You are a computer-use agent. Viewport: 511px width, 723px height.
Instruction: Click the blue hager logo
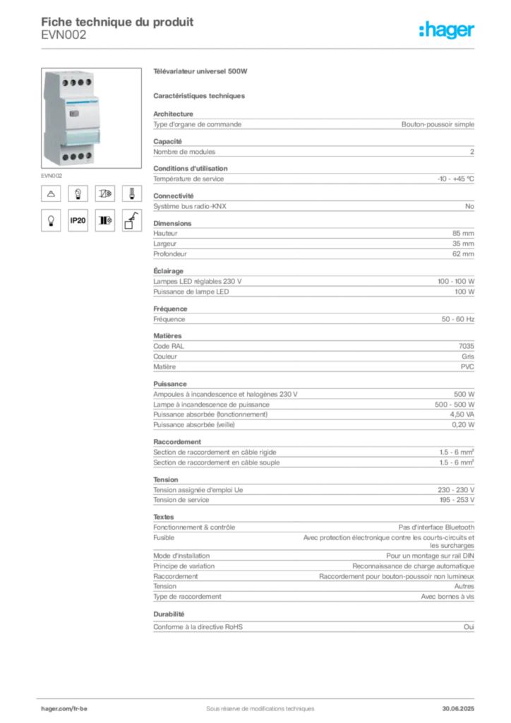click(447, 31)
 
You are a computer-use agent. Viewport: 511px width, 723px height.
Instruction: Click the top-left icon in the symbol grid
click(51, 192)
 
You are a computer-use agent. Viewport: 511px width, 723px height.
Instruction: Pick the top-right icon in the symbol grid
click(131, 192)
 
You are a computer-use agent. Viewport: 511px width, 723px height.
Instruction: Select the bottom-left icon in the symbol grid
click(51, 221)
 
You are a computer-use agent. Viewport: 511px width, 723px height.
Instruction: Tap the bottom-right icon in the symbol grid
click(132, 221)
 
